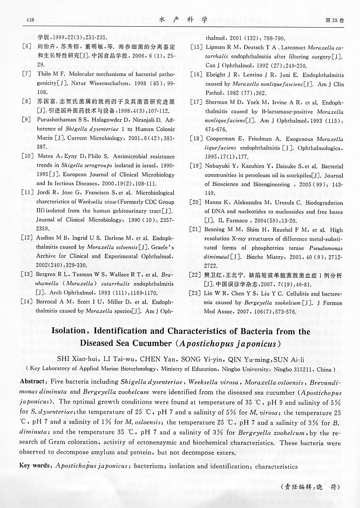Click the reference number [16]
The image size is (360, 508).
tap(196, 74)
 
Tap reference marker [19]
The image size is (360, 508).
tap(196, 166)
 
